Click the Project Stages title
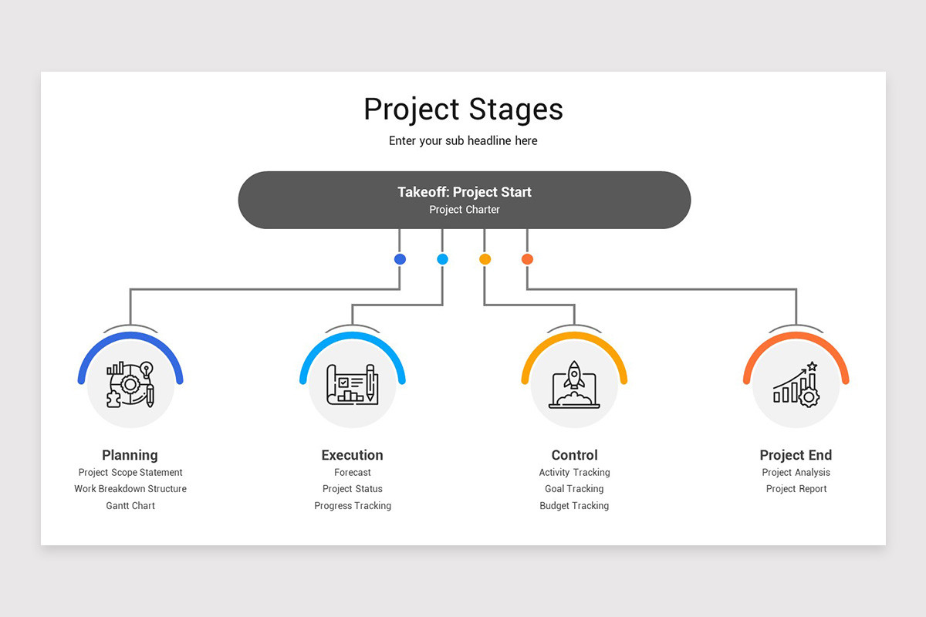point(463,110)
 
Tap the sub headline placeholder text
point(463,141)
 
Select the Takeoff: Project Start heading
point(465,192)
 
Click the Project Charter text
point(465,210)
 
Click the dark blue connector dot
point(400,259)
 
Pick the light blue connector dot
point(442,259)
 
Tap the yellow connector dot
point(485,259)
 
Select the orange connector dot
point(527,259)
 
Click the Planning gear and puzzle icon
point(130,384)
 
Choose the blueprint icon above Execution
point(352,384)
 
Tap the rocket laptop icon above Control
point(574,384)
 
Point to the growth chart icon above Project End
point(796,384)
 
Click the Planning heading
point(130,455)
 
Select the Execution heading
point(352,455)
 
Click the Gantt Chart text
point(130,506)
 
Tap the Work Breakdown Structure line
point(130,489)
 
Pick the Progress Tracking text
point(353,506)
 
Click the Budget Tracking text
point(574,506)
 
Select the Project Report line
point(796,489)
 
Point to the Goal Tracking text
point(574,489)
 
